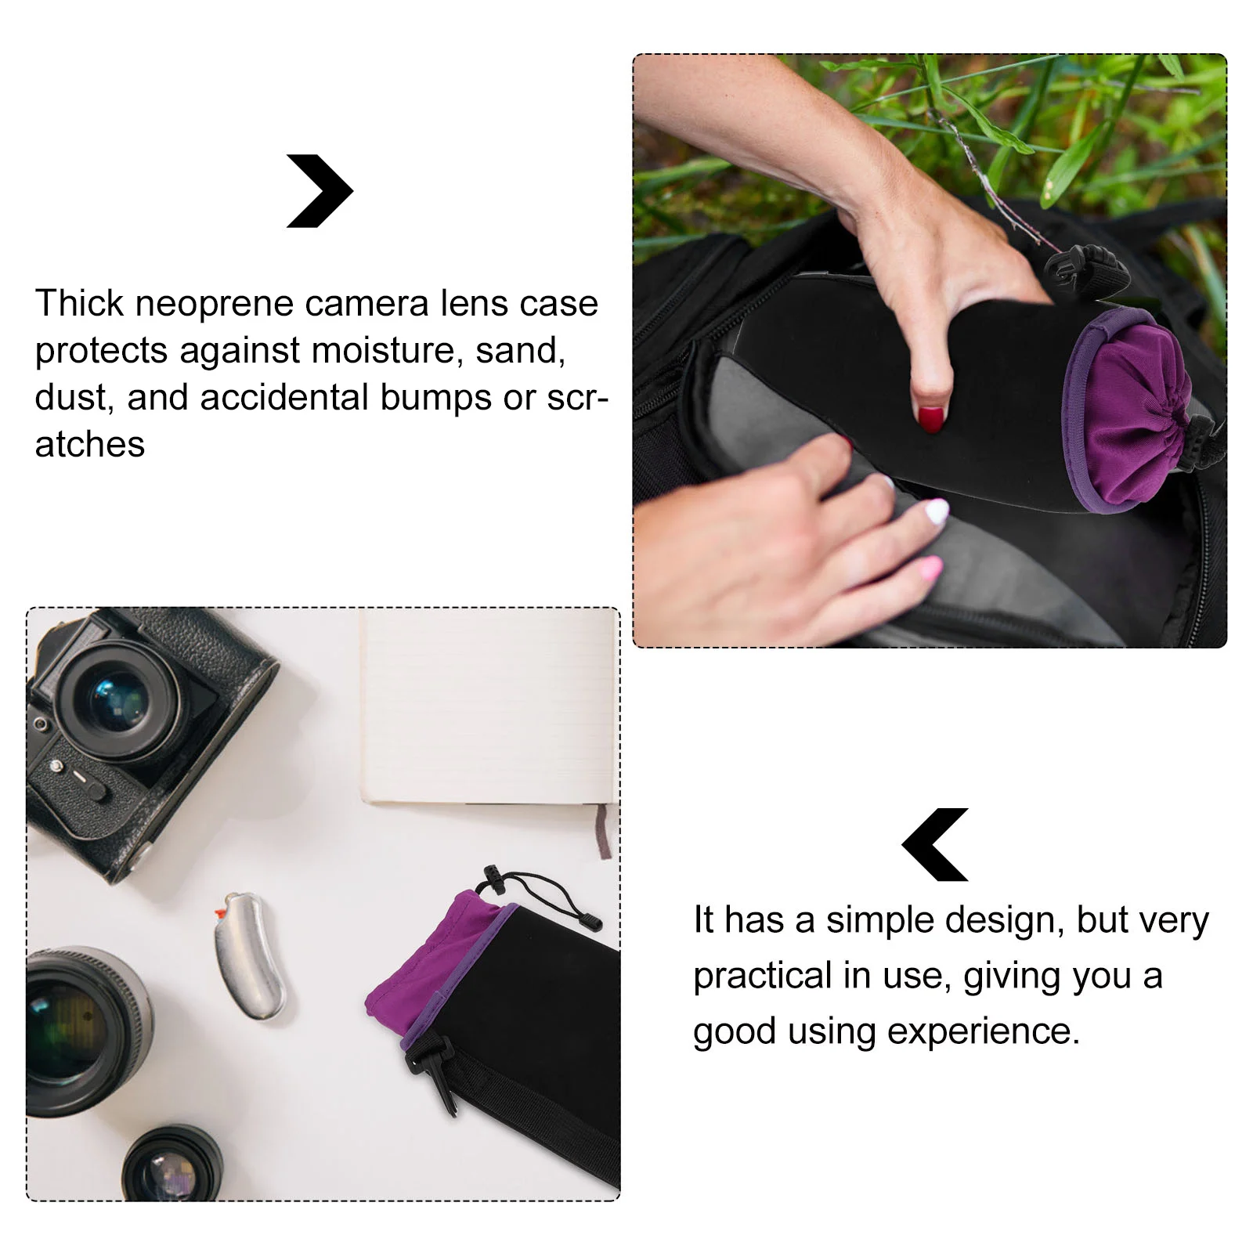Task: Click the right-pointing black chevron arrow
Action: pyautogui.click(x=320, y=191)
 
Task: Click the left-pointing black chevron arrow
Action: pyautogui.click(x=935, y=844)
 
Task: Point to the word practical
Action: pyautogui.click(x=762, y=976)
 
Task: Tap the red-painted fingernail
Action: pyautogui.click(x=931, y=419)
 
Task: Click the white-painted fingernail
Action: pyautogui.click(x=937, y=513)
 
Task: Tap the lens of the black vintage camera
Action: pyautogui.click(x=117, y=701)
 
